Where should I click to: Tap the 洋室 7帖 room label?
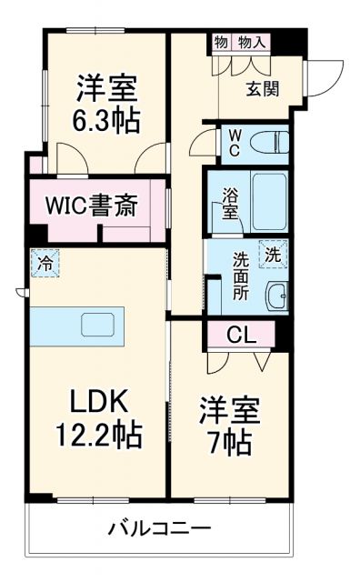click(x=229, y=426)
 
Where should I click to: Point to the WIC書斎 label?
click(x=92, y=206)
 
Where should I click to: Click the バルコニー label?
click(x=160, y=527)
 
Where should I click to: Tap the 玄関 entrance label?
click(x=262, y=87)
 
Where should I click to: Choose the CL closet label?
click(x=241, y=333)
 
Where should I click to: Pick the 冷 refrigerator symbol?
click(x=44, y=265)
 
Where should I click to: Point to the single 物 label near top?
click(x=222, y=42)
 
